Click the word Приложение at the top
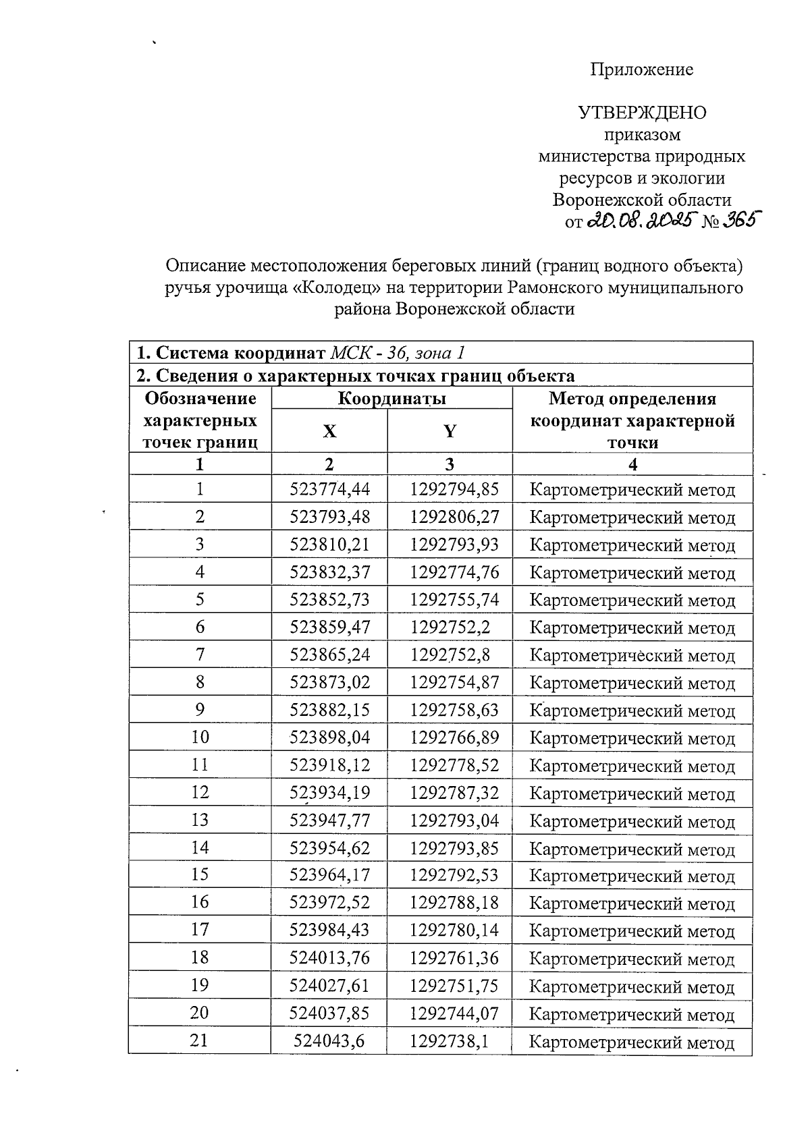tap(642, 69)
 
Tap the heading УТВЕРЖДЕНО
tap(642, 113)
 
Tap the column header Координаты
tap(391, 398)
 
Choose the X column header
tap(329, 430)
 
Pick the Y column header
tap(450, 430)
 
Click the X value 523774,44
tap(329, 489)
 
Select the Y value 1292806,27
tap(454, 517)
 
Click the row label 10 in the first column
tap(200, 737)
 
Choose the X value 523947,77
tap(329, 820)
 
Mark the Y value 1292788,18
tap(454, 902)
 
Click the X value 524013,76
tap(329, 957)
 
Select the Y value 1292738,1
tap(449, 1041)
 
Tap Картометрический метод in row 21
tap(632, 1042)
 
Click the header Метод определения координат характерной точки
tap(632, 420)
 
